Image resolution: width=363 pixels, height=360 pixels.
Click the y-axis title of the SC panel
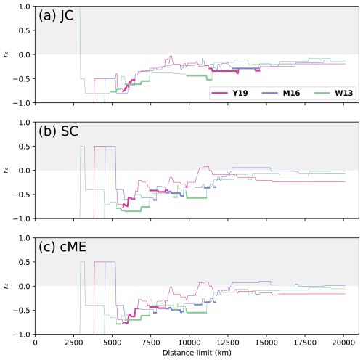7,171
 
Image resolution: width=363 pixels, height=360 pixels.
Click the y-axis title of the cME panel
7,286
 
